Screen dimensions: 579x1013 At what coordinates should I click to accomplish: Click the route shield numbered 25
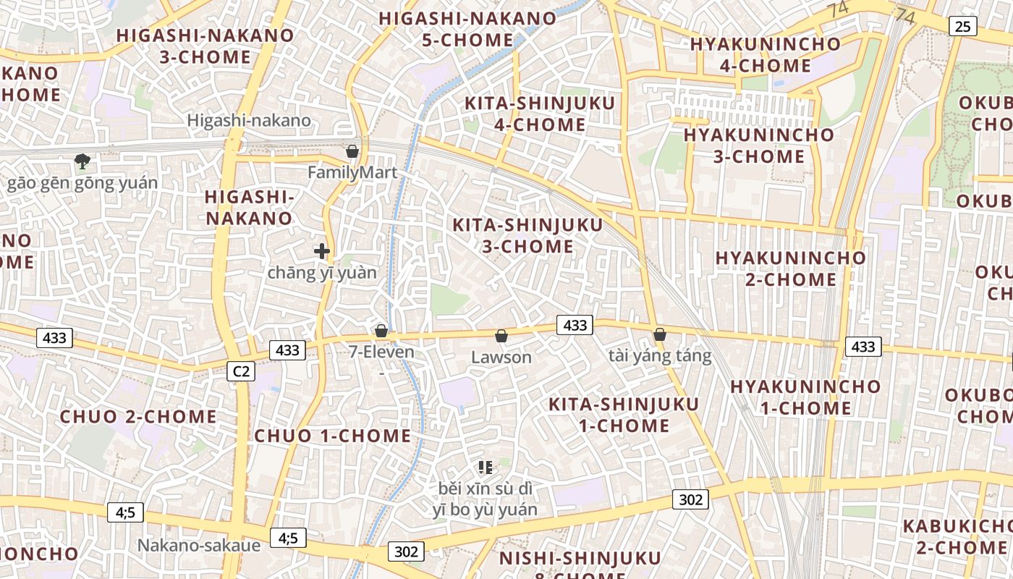click(962, 27)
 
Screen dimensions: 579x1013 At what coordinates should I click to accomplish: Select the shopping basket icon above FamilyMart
click(352, 151)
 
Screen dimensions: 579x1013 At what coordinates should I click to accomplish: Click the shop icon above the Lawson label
click(501, 336)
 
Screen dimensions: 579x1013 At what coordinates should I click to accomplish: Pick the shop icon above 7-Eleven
click(381, 331)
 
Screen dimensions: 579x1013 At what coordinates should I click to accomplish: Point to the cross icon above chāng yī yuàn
click(322, 251)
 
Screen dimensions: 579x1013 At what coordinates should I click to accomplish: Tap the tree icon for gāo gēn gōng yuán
click(82, 161)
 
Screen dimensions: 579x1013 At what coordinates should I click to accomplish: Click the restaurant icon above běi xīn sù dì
click(486, 468)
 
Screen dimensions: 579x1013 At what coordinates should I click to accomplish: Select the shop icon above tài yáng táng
click(660, 334)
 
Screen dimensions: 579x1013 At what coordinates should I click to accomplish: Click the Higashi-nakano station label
click(249, 121)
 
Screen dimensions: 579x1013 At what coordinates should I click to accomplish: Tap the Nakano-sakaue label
click(199, 545)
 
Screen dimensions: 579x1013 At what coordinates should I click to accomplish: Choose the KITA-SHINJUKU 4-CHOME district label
click(540, 114)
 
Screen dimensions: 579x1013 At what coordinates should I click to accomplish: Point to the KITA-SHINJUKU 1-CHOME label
click(624, 415)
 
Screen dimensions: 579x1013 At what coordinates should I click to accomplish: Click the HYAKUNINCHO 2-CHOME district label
click(790, 269)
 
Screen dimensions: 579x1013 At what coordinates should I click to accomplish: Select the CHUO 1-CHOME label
click(333, 436)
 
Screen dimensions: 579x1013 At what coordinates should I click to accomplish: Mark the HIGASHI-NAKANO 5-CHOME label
click(467, 29)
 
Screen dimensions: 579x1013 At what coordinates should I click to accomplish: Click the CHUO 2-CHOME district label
click(138, 417)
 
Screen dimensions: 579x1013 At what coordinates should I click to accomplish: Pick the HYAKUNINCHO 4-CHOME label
click(766, 54)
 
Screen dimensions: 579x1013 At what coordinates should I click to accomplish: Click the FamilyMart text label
click(352, 172)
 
